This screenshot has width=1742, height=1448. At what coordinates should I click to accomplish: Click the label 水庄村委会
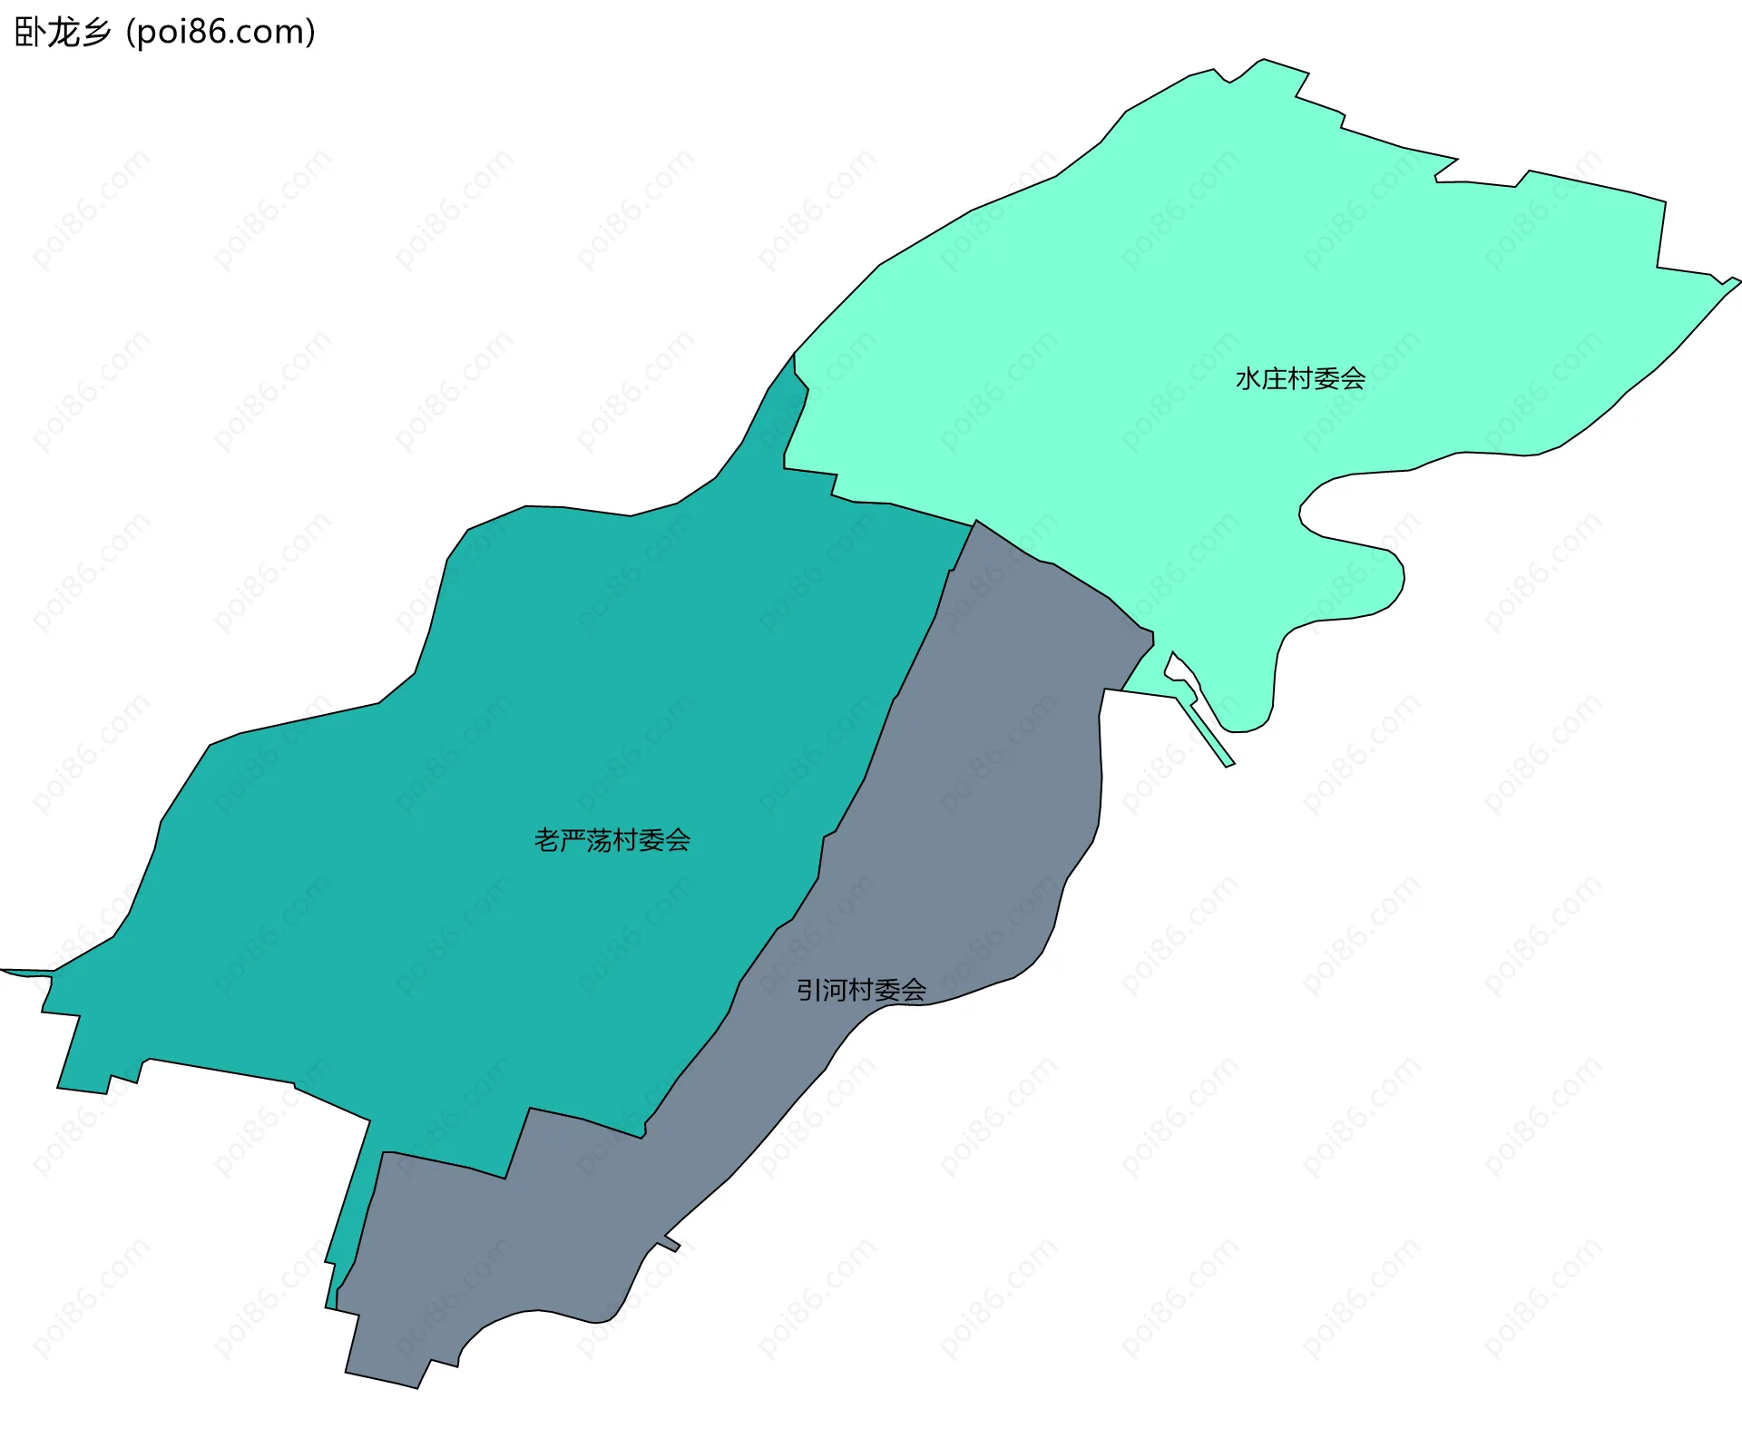pyautogui.click(x=1300, y=378)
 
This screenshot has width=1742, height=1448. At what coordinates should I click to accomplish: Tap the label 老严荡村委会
pyautogui.click(x=612, y=840)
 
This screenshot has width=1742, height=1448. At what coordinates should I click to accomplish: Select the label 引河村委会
pyautogui.click(x=861, y=990)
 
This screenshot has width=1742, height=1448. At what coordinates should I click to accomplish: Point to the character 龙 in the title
pyautogui.click(x=64, y=33)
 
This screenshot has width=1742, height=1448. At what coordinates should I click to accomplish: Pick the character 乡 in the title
pyautogui.click(x=96, y=33)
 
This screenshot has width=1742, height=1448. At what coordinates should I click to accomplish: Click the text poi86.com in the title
pyautogui.click(x=220, y=33)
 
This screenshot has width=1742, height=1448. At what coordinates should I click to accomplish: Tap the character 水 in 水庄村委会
pyautogui.click(x=1248, y=378)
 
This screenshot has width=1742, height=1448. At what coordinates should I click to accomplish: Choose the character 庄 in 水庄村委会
pyautogui.click(x=1274, y=378)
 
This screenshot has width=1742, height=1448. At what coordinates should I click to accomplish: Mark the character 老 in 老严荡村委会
pyautogui.click(x=547, y=840)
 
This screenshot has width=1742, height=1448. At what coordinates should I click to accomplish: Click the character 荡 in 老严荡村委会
pyautogui.click(x=599, y=840)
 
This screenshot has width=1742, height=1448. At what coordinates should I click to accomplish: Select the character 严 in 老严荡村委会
pyautogui.click(x=573, y=840)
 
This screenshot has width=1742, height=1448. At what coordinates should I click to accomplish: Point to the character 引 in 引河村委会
pyautogui.click(x=809, y=990)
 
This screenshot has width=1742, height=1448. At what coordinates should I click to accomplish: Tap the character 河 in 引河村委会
pyautogui.click(x=835, y=990)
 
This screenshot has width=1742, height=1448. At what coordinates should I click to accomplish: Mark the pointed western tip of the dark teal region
pyautogui.click(x=4, y=970)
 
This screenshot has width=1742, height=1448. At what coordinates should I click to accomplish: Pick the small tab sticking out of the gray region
pyautogui.click(x=672, y=1243)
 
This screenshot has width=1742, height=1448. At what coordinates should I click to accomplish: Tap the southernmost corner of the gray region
pyautogui.click(x=416, y=1387)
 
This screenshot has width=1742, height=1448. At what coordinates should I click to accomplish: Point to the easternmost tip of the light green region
pyautogui.click(x=1738, y=281)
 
